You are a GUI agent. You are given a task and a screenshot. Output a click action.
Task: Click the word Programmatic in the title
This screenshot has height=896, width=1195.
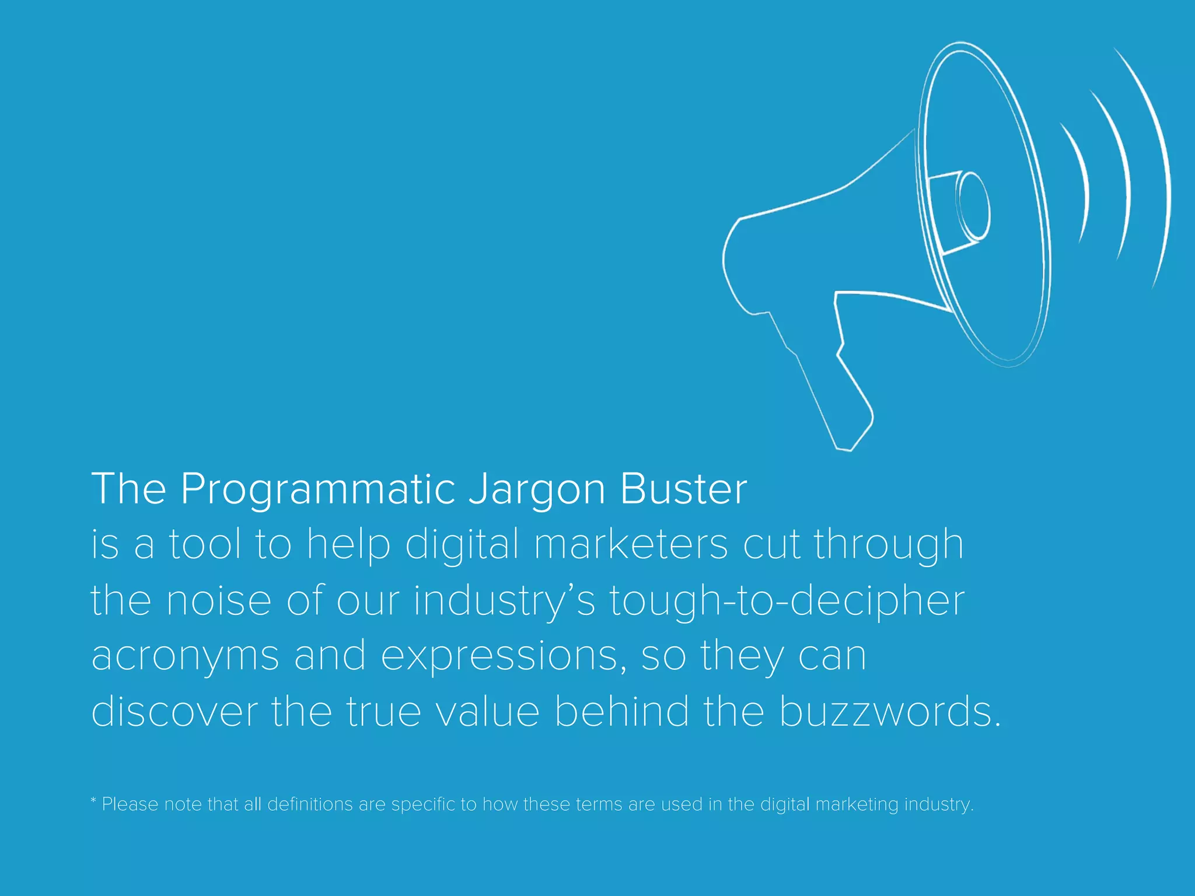tap(317, 489)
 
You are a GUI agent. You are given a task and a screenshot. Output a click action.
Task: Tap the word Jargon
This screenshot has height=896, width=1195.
tap(537, 489)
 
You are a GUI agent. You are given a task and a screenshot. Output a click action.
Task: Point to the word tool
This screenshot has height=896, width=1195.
tap(205, 544)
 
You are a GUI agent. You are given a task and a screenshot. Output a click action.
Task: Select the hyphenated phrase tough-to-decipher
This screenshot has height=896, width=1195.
tap(787, 601)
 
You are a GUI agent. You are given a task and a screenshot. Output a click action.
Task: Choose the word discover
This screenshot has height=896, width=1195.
tap(174, 712)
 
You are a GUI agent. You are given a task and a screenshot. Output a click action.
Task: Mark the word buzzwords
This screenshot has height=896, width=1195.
tap(889, 712)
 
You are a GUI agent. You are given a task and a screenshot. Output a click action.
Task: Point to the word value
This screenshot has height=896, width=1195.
tap(488, 712)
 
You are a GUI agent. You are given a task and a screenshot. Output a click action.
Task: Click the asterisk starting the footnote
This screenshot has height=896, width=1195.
tap(93, 800)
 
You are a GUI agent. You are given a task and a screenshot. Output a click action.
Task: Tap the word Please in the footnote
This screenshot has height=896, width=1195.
tap(130, 804)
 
